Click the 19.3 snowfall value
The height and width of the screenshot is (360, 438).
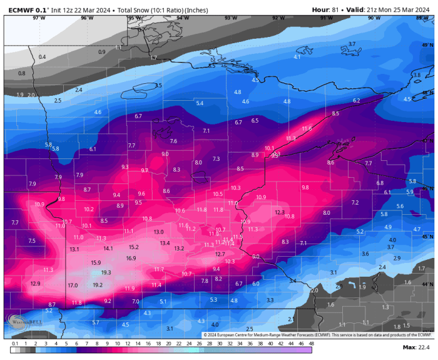coord(106,272)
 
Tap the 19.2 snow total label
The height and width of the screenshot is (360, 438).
coord(98,284)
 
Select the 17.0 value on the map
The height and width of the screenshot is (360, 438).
coord(73,285)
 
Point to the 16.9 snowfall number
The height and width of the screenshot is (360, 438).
coord(131,258)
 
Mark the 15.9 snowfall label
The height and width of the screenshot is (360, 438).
coord(96,262)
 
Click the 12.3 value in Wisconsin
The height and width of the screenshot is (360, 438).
coord(280,212)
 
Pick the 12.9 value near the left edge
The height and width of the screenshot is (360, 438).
coord(35,284)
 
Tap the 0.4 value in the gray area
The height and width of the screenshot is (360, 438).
coord(42,57)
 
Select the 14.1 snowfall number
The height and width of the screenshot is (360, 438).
coord(108,249)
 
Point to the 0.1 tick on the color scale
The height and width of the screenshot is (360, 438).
coord(14,343)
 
